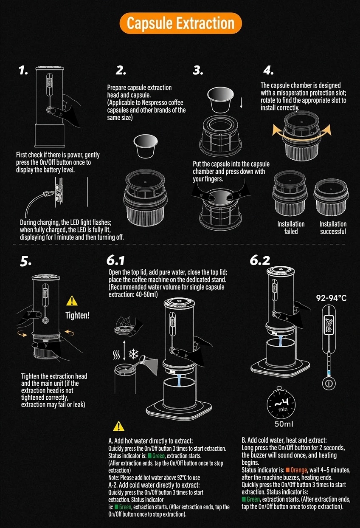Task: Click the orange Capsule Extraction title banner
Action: click(180, 23)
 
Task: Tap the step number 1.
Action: click(23, 70)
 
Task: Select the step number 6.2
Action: click(260, 260)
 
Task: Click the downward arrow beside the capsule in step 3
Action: click(241, 103)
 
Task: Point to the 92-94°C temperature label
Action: click(331, 298)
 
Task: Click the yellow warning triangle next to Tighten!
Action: click(72, 301)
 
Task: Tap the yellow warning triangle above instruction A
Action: click(118, 426)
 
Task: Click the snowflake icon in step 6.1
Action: click(133, 354)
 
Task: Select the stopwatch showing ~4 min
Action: click(281, 403)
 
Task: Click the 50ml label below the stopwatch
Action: click(284, 424)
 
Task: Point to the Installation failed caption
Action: click(291, 227)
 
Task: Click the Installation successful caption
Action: click(333, 227)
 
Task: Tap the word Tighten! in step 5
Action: click(78, 315)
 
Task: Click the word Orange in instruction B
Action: click(299, 470)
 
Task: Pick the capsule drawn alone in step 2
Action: click(145, 147)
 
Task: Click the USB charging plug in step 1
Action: click(47, 194)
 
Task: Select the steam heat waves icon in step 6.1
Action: click(116, 355)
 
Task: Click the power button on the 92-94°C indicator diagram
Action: click(329, 384)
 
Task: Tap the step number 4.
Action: click(268, 70)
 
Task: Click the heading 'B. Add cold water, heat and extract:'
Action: click(284, 440)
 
